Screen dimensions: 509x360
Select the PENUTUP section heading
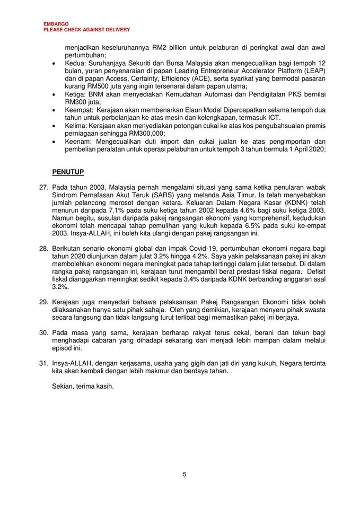68,172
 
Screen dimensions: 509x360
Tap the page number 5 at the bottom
185,474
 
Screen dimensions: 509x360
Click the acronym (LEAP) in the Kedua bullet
313,71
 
